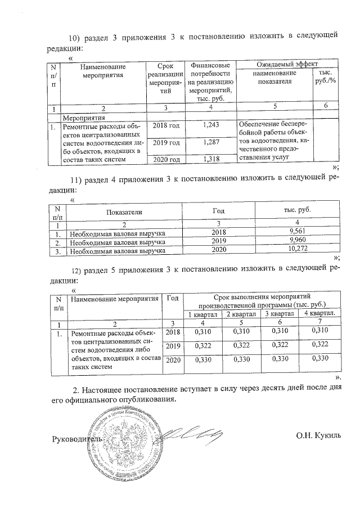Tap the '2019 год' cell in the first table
tap(166, 143)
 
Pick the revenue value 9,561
tap(295, 232)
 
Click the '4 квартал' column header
tap(319, 313)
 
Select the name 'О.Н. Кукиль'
tap(318, 436)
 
